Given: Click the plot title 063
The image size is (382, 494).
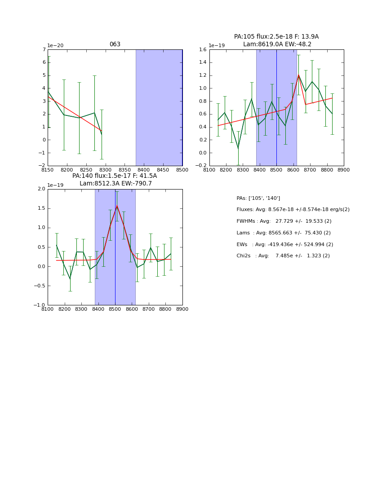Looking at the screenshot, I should [x=115, y=44].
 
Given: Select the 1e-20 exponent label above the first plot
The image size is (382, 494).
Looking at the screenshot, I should [x=55, y=46].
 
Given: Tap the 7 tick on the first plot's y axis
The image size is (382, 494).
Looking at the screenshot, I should [x=44, y=50].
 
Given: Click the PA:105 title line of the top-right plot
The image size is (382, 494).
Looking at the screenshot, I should [x=276, y=37].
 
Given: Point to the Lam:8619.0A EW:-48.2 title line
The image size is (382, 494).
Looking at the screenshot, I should [x=277, y=44].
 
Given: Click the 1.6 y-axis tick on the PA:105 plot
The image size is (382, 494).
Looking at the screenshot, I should [x=201, y=50].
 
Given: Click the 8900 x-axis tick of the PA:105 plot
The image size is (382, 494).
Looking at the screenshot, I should [x=343, y=170].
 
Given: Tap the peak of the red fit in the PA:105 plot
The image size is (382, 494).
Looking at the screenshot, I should [x=298, y=75].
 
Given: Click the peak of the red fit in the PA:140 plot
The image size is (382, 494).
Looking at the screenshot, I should [x=117, y=206].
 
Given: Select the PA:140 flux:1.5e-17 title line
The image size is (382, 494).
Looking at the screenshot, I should [x=115, y=176].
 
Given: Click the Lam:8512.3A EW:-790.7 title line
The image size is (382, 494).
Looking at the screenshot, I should [x=115, y=184].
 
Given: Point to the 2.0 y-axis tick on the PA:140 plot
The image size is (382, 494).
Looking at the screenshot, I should [x=41, y=189].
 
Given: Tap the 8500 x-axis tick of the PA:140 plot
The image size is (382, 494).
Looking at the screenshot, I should [x=115, y=309].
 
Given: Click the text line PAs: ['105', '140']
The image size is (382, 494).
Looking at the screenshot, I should [x=258, y=198].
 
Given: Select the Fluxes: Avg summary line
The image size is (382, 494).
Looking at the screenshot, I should [x=293, y=210].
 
